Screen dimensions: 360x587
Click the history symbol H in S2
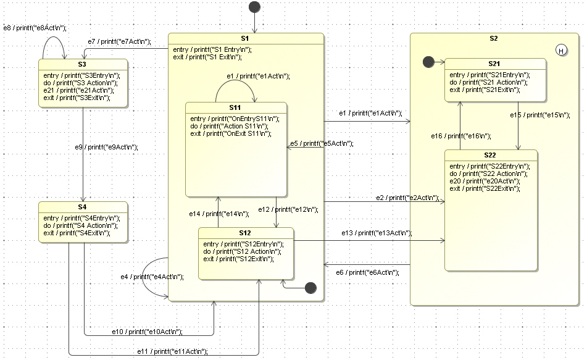pos(561,51)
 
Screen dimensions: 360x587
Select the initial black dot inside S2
pos(427,62)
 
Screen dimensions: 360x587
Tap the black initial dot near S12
pos(310,287)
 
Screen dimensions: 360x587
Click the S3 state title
pos(83,64)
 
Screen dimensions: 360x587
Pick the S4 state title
pos(83,207)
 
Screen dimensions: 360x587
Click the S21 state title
pos(494,64)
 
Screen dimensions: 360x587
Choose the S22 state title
pos(494,155)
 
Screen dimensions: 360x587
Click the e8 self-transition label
pos(35,28)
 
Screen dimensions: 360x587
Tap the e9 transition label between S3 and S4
pos(106,147)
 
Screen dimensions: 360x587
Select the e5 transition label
pos(322,143)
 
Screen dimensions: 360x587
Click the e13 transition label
pos(377,233)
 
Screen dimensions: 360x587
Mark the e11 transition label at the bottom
pos(172,351)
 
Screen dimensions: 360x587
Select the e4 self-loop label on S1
pos(152,277)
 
